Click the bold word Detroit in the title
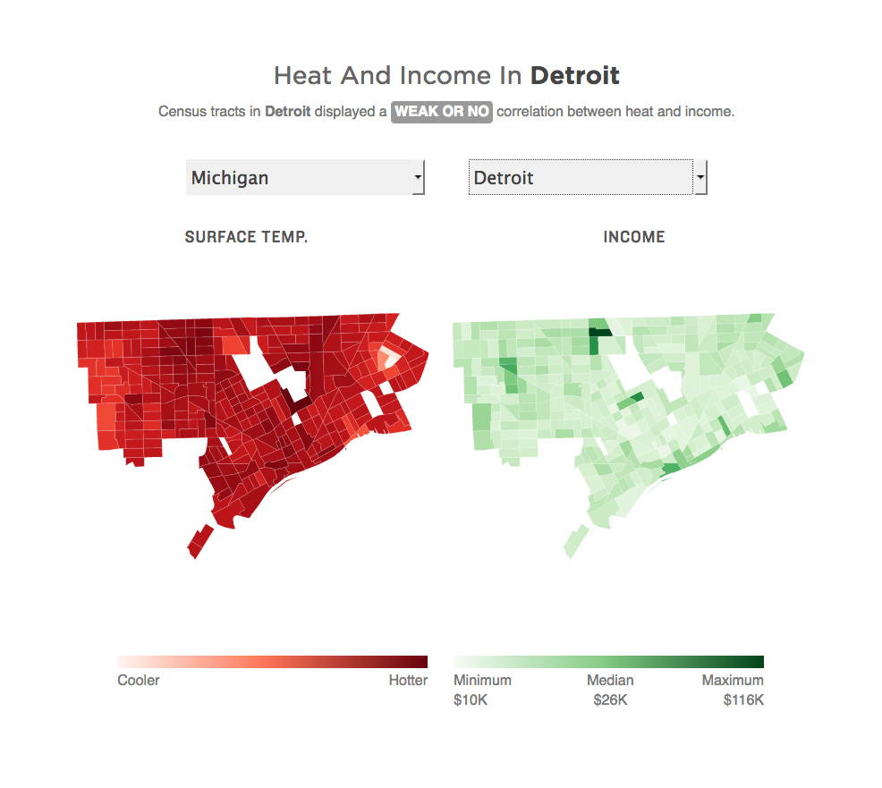pyautogui.click(x=574, y=75)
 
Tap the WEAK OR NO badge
pyautogui.click(x=442, y=112)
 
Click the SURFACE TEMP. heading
pyautogui.click(x=246, y=237)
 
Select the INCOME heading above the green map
pyautogui.click(x=634, y=237)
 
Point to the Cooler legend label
pyautogui.click(x=139, y=680)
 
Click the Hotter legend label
pyautogui.click(x=408, y=680)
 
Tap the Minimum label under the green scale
pyautogui.click(x=482, y=680)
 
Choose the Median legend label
pyautogui.click(x=610, y=680)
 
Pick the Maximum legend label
pyautogui.click(x=733, y=680)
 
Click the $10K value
pyautogui.click(x=471, y=699)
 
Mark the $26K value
pyautogui.click(x=610, y=699)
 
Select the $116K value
pyautogui.click(x=743, y=699)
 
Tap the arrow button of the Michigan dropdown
pyautogui.click(x=418, y=177)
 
